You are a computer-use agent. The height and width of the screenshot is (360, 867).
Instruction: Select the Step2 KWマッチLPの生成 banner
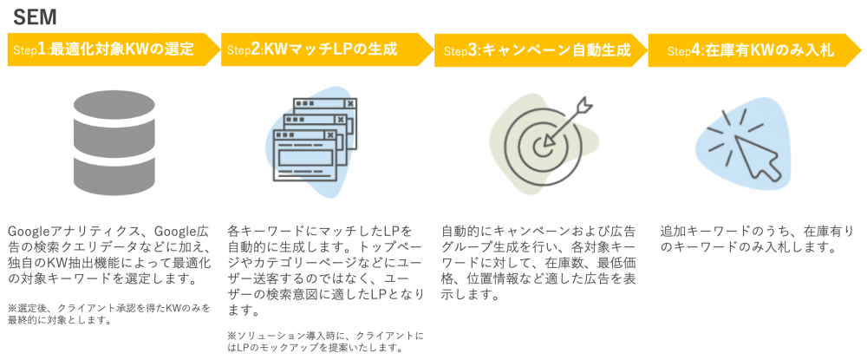[321, 49]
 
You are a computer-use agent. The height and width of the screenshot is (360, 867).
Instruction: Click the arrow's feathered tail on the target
[588, 103]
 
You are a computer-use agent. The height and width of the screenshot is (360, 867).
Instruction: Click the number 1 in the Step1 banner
[42, 49]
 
